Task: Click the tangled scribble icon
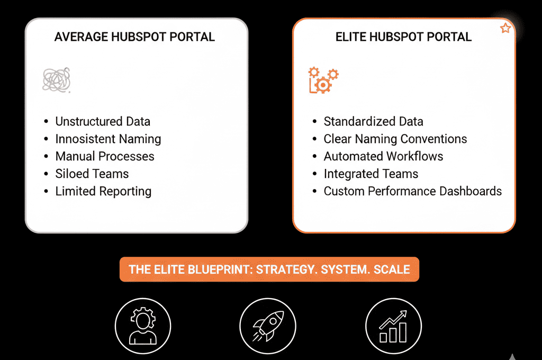(x=56, y=80)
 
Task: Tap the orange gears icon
(x=323, y=80)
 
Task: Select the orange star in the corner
(x=505, y=28)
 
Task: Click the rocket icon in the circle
(x=268, y=326)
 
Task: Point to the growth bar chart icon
(x=393, y=326)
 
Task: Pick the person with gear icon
(x=143, y=326)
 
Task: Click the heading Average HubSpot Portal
(x=134, y=37)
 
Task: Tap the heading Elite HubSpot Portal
(x=403, y=37)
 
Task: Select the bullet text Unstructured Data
(x=103, y=121)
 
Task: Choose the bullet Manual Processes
(x=105, y=156)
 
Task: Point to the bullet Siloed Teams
(x=92, y=174)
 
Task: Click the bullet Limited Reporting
(x=103, y=192)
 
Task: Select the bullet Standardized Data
(x=373, y=121)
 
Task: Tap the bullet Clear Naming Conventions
(x=395, y=139)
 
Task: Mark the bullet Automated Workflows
(x=383, y=156)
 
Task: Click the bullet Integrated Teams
(x=371, y=174)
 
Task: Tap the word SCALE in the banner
(x=392, y=269)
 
